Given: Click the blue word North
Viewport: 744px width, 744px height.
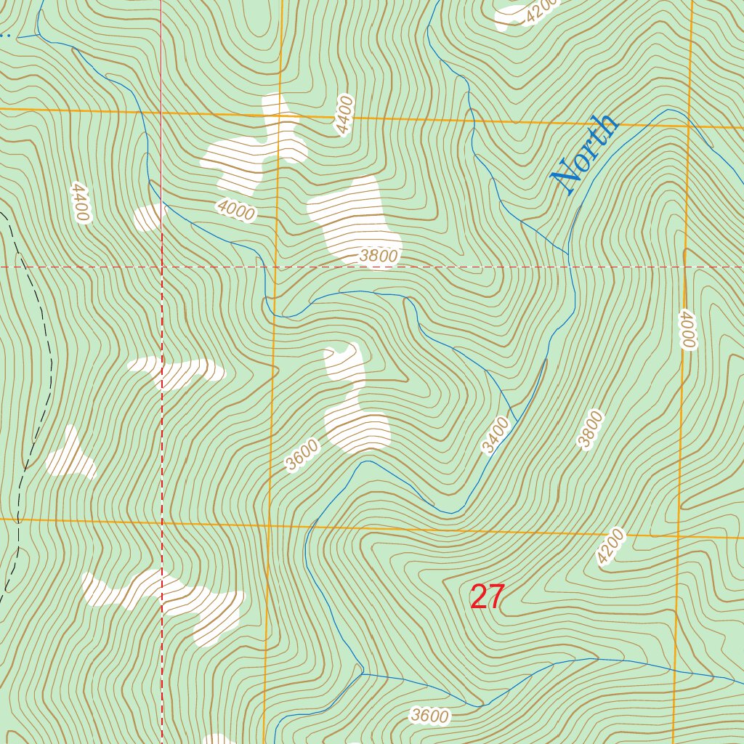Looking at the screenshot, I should pos(585,154).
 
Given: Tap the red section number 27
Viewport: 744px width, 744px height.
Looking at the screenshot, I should pos(487,597).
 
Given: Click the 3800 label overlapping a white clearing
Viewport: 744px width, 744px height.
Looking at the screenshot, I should pos(379,256).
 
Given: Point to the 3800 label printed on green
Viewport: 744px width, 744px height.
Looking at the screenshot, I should pos(590,429).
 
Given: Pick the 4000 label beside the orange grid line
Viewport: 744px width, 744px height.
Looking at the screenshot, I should pos(687,330).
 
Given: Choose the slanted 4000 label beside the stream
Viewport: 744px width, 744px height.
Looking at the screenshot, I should pos(236,211).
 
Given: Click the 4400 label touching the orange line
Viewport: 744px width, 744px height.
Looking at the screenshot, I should pos(344,115).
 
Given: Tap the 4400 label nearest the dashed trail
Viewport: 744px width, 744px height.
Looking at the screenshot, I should pos(79,203).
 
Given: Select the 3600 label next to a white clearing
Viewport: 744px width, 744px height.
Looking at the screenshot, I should pos(302,456).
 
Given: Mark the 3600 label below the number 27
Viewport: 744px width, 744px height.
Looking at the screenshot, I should pos(429,716).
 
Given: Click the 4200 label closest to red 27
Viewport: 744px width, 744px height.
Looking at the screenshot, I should pos(610,547).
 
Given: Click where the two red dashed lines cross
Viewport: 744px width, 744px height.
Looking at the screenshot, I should pos(161,267).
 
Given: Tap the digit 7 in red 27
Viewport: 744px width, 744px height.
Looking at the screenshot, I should pos(496,597).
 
